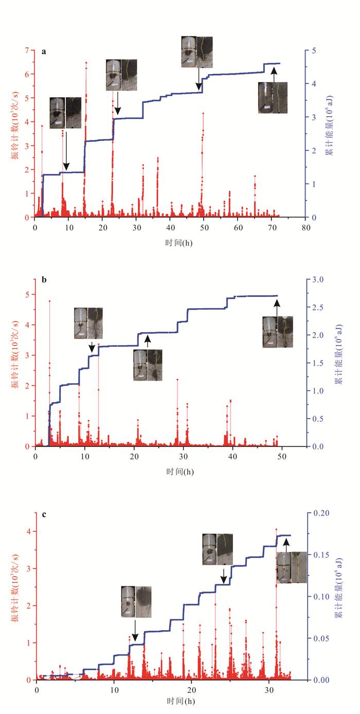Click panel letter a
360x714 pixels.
(x=44, y=51)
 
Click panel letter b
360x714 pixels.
(x=44, y=280)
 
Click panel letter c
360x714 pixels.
(x=44, y=514)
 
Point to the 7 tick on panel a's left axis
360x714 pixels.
(x=28, y=50)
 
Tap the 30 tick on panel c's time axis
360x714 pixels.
(x=269, y=688)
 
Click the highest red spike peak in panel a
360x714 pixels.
(x=86, y=63)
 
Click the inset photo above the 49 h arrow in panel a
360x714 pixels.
(x=197, y=52)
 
